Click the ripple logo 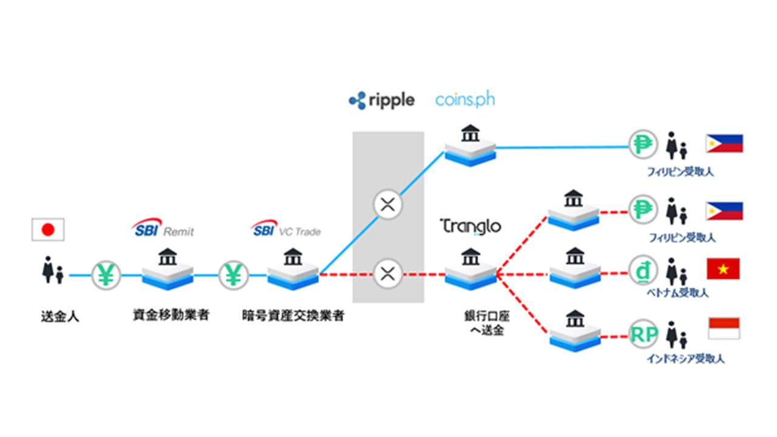point(381,100)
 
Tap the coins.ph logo point(465,100)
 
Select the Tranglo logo point(471,226)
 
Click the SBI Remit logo point(163,229)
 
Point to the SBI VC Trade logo point(285,230)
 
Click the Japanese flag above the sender point(48,230)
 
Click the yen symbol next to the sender point(106,275)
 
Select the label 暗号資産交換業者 point(292,316)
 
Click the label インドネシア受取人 point(685,359)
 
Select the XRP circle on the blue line point(387,205)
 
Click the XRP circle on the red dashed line point(387,274)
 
